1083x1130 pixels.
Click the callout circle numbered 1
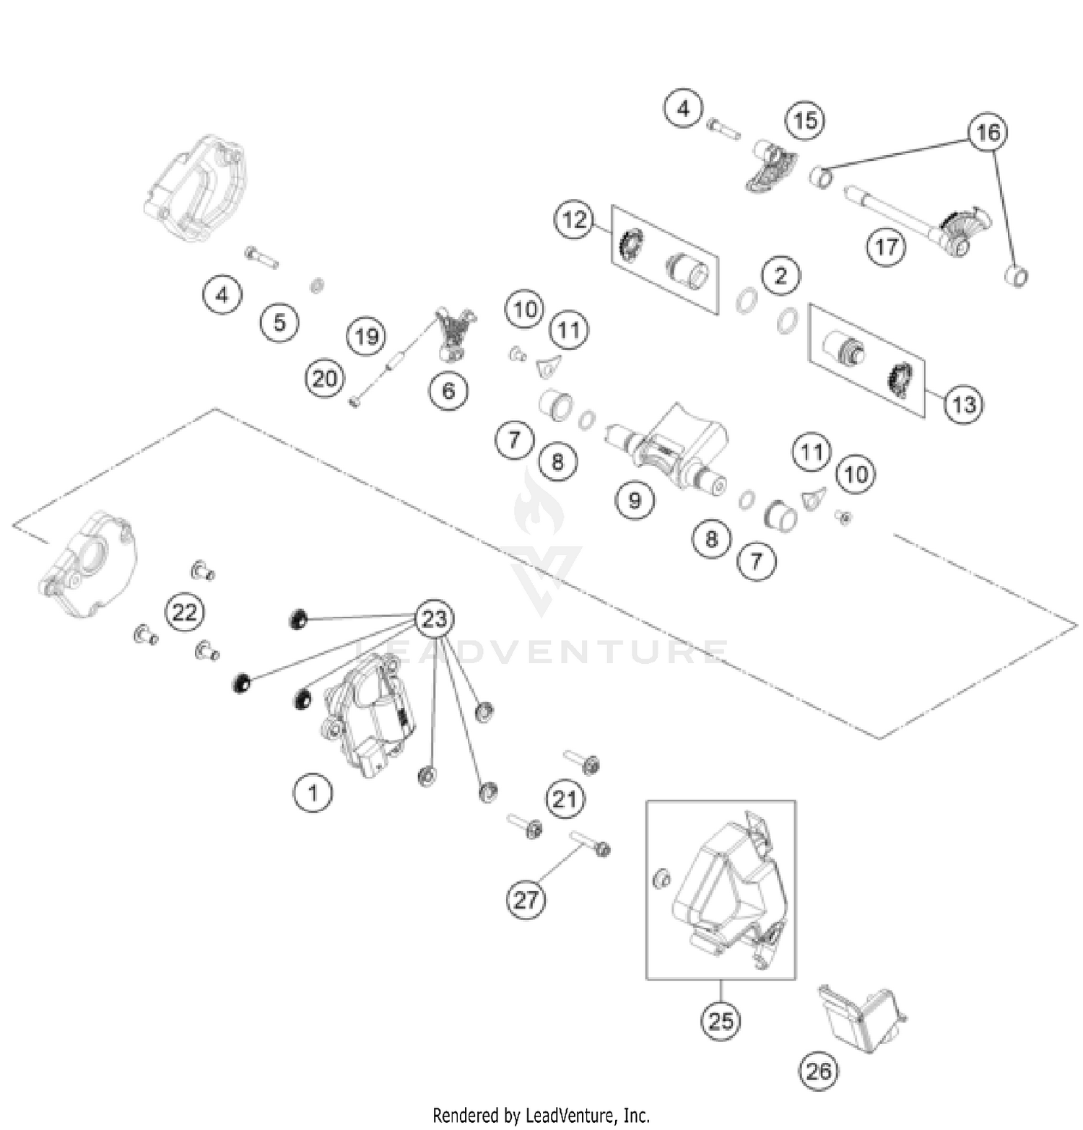[313, 792]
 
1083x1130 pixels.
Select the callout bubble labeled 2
[780, 276]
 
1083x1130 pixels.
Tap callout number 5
[279, 322]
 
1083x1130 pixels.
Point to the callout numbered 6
[448, 390]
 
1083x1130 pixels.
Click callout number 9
[635, 499]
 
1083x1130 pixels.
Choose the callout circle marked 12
[574, 219]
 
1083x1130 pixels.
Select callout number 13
[964, 404]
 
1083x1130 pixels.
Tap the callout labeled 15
[805, 121]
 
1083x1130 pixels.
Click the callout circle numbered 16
[988, 132]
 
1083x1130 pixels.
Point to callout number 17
[886, 247]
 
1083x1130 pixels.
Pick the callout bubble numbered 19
[367, 336]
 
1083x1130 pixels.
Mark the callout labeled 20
[324, 378]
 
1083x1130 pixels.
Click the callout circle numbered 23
[435, 619]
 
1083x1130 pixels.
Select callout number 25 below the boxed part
[721, 1020]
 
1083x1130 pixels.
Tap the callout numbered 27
[526, 899]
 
